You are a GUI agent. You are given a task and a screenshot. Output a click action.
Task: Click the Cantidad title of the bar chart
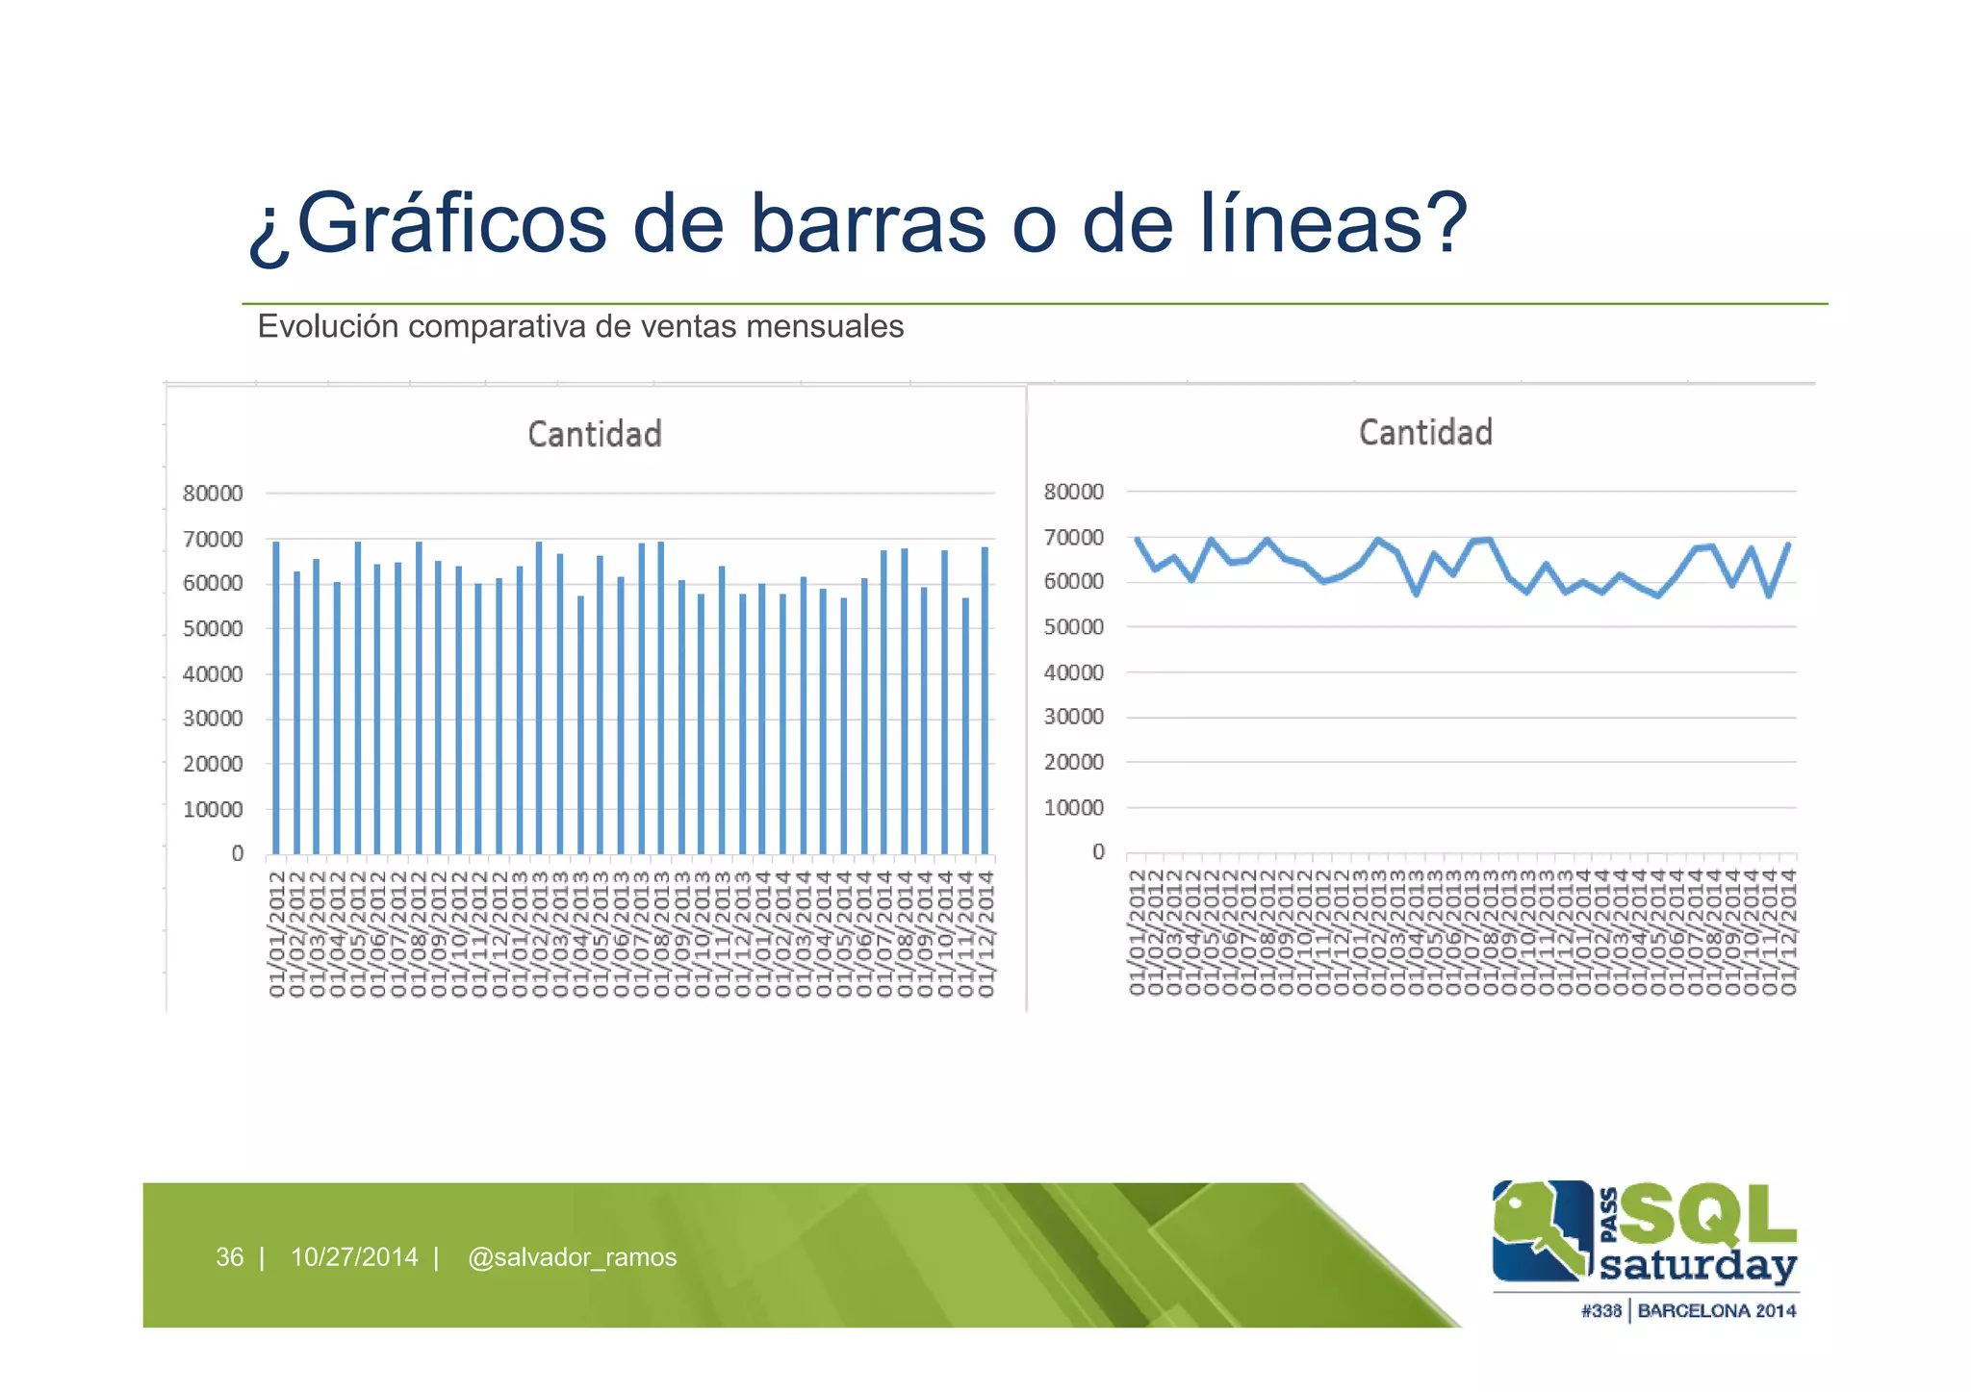pos(595,435)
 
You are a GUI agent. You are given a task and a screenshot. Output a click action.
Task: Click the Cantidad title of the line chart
pos(1425,433)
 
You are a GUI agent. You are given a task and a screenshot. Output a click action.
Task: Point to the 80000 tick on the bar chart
pos(213,494)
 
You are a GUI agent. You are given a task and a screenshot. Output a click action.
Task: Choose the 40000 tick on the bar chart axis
pos(213,674)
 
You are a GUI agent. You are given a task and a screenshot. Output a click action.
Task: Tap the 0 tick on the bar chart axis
pos(237,854)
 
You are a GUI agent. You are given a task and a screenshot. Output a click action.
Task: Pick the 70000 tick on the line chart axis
pos(1074,538)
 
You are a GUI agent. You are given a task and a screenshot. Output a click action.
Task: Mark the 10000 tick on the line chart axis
pos(1074,808)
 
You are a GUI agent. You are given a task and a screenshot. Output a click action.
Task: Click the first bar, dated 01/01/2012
pos(276,697)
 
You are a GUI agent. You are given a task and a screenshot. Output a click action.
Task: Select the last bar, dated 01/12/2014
pos(985,700)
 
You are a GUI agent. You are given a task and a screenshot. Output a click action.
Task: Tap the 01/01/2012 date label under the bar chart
pos(277,933)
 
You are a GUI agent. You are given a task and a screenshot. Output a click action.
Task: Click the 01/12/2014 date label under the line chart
pos(1788,931)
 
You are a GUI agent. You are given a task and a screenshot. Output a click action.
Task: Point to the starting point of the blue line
pos(1138,540)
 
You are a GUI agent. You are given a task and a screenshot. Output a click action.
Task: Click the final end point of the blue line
pos(1788,544)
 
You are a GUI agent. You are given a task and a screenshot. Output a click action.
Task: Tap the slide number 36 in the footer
pos(229,1257)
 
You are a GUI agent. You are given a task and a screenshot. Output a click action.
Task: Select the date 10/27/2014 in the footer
pos(354,1257)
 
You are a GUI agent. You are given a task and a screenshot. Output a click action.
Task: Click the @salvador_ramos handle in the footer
pos(572,1257)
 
